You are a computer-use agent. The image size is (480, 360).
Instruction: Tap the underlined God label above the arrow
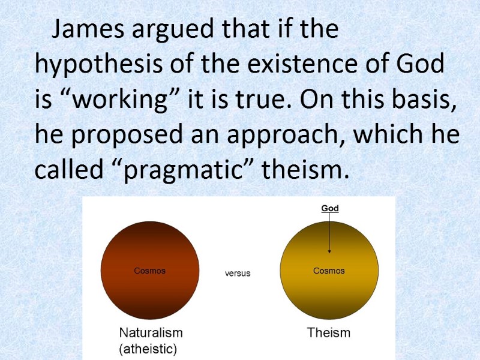pyautogui.click(x=330, y=209)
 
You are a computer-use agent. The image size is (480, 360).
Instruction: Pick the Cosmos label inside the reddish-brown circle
pyautogui.click(x=149, y=271)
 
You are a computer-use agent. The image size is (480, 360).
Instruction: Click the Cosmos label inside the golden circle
pyautogui.click(x=329, y=271)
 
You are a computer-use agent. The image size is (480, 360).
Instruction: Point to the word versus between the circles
pyautogui.click(x=238, y=273)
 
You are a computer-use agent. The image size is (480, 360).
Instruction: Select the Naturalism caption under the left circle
pyautogui.click(x=151, y=332)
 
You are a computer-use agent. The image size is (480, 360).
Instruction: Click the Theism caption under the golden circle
pyautogui.click(x=329, y=332)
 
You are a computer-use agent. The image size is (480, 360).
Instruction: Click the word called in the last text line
pyautogui.click(x=64, y=171)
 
